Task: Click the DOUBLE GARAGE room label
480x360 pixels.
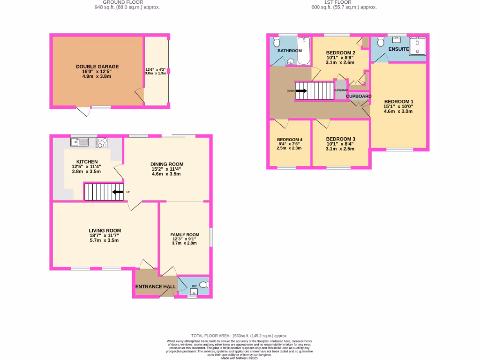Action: [x=97, y=67]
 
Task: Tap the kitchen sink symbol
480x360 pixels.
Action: [x=80, y=142]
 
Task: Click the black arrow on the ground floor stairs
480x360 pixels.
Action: [x=117, y=192]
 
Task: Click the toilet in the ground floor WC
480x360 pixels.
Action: [x=204, y=285]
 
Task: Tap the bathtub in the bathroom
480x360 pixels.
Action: [x=303, y=51]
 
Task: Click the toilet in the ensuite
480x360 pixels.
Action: [x=380, y=42]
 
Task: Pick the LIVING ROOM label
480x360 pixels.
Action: [x=105, y=231]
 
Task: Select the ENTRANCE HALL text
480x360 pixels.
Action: [x=156, y=286]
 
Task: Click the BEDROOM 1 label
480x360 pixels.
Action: [x=399, y=101]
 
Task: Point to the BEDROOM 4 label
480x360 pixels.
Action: [x=289, y=140]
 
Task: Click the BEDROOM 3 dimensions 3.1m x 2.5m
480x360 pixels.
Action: [x=340, y=149]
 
